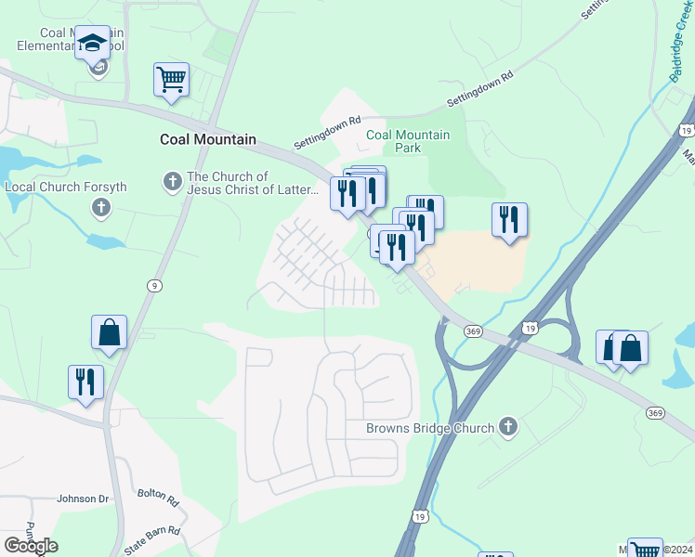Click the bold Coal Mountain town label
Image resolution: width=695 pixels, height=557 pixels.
pos(207,139)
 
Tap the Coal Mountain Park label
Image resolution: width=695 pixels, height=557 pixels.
pos(408,141)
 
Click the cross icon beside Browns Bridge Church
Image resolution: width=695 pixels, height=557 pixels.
pos(507,427)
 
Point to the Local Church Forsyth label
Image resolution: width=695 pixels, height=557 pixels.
pos(65,187)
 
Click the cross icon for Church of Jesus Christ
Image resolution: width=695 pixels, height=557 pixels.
pos(172,181)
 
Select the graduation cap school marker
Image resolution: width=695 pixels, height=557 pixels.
pos(92,43)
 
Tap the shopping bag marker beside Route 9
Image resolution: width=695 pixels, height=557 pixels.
pos(109,332)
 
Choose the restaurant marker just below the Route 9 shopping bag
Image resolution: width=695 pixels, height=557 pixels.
pos(85,382)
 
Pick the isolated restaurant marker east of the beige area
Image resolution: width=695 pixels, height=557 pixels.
pos(509,220)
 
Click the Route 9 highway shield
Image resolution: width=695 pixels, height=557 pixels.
pos(151,286)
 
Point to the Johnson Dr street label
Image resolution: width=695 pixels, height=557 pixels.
pos(83,499)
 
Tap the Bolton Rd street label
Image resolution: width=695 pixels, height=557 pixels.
pos(158,498)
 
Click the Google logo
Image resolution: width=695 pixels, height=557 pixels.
pos(31,546)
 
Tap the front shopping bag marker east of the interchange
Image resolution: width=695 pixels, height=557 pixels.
pos(630,349)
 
